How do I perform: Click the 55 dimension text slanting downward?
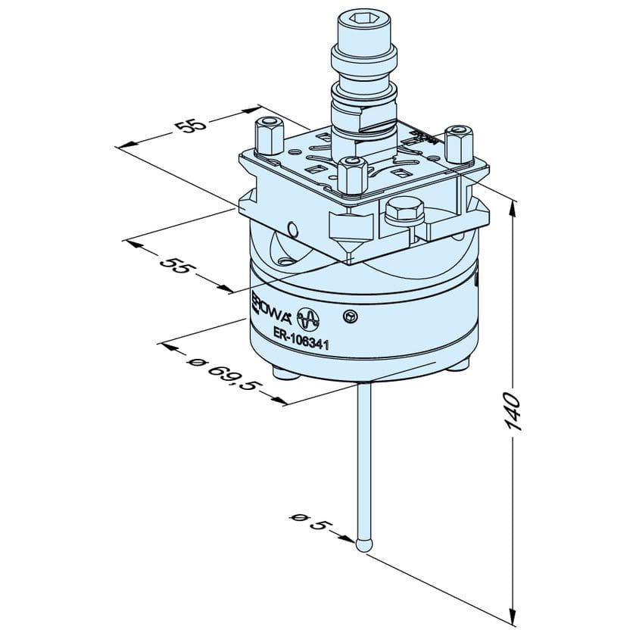(x=176, y=266)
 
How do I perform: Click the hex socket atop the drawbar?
(x=364, y=30)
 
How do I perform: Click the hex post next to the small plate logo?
(x=460, y=144)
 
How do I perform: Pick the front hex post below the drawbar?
(x=351, y=176)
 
